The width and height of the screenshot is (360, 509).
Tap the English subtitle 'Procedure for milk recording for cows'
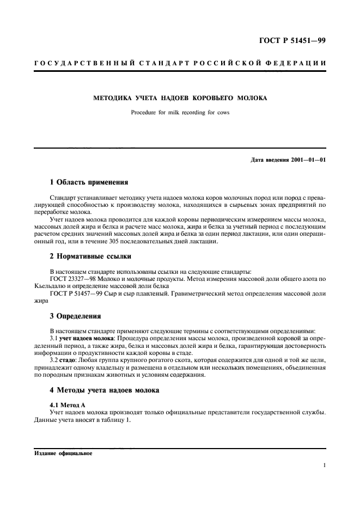pyautogui.click(x=180, y=113)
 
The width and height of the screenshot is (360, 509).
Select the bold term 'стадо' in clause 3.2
pyautogui.click(x=69, y=360)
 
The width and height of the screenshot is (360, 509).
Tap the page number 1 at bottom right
pyautogui.click(x=324, y=466)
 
